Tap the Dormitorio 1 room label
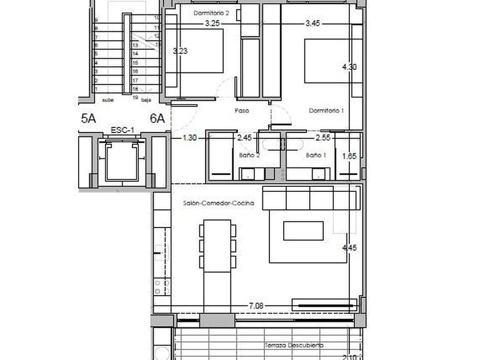(x=327, y=111)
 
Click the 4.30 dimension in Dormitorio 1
(x=349, y=66)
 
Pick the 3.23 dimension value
(x=180, y=51)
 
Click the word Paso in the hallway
(x=242, y=111)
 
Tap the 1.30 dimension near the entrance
(x=189, y=138)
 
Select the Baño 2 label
(x=249, y=155)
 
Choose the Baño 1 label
(x=316, y=155)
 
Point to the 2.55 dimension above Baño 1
(x=322, y=138)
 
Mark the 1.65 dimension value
(x=350, y=155)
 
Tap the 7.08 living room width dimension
(x=256, y=306)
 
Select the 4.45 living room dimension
(x=350, y=248)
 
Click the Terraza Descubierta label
(x=302, y=345)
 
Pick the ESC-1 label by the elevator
(x=123, y=130)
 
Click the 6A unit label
(x=157, y=118)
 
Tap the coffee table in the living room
(x=303, y=231)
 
